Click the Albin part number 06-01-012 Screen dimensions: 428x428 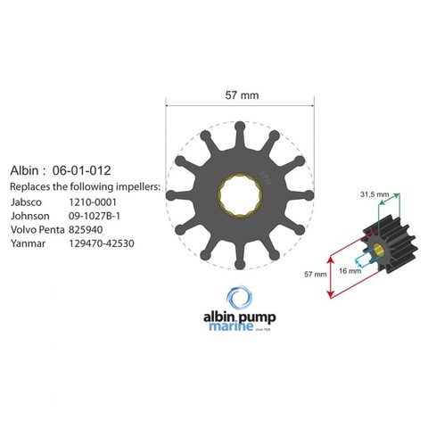click(x=81, y=170)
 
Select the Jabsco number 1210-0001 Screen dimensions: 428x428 click(x=93, y=202)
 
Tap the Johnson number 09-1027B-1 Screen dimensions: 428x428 click(x=95, y=216)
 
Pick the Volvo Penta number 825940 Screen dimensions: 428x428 click(x=86, y=230)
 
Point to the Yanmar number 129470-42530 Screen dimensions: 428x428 click(x=102, y=243)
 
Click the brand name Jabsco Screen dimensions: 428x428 click(x=26, y=202)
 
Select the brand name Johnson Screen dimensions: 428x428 click(x=30, y=216)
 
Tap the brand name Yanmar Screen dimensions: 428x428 click(x=29, y=243)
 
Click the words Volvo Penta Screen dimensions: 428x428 click(x=37, y=230)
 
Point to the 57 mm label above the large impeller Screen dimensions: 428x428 click(x=242, y=95)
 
